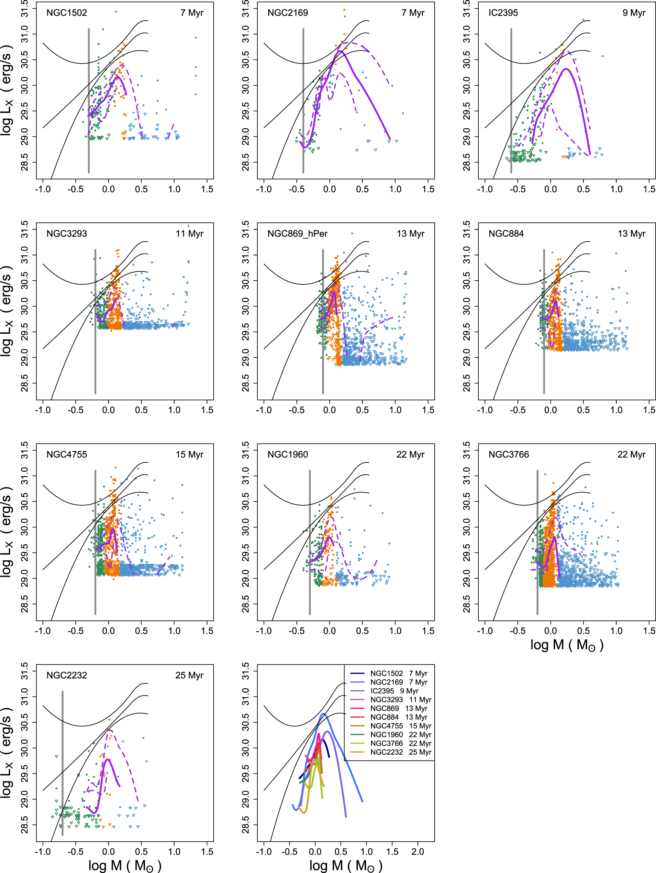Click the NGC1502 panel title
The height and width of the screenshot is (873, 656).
pyautogui.click(x=66, y=13)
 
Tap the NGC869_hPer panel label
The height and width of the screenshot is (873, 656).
pyautogui.click(x=297, y=234)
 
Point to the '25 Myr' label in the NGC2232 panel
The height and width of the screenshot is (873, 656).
pyautogui.click(x=189, y=675)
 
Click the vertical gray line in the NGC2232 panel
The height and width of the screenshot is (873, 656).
pyautogui.click(x=62, y=762)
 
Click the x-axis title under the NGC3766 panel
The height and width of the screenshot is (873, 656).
pyautogui.click(x=567, y=645)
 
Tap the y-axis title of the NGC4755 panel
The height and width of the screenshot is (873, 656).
pyautogui.click(x=7, y=532)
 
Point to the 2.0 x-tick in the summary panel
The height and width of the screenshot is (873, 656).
pyautogui.click(x=418, y=852)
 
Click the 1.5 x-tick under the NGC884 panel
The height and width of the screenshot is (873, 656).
pyautogui.click(x=649, y=410)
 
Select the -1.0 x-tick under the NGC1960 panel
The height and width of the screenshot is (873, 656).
pyautogui.click(x=264, y=631)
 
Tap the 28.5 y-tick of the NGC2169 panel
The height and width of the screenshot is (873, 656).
pyautogui.click(x=246, y=162)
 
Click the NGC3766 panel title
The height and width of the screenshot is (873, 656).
pyautogui.click(x=509, y=454)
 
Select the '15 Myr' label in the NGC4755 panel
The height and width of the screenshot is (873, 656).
pyautogui.click(x=189, y=454)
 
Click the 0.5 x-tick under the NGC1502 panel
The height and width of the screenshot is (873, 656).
pyautogui.click(x=141, y=189)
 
